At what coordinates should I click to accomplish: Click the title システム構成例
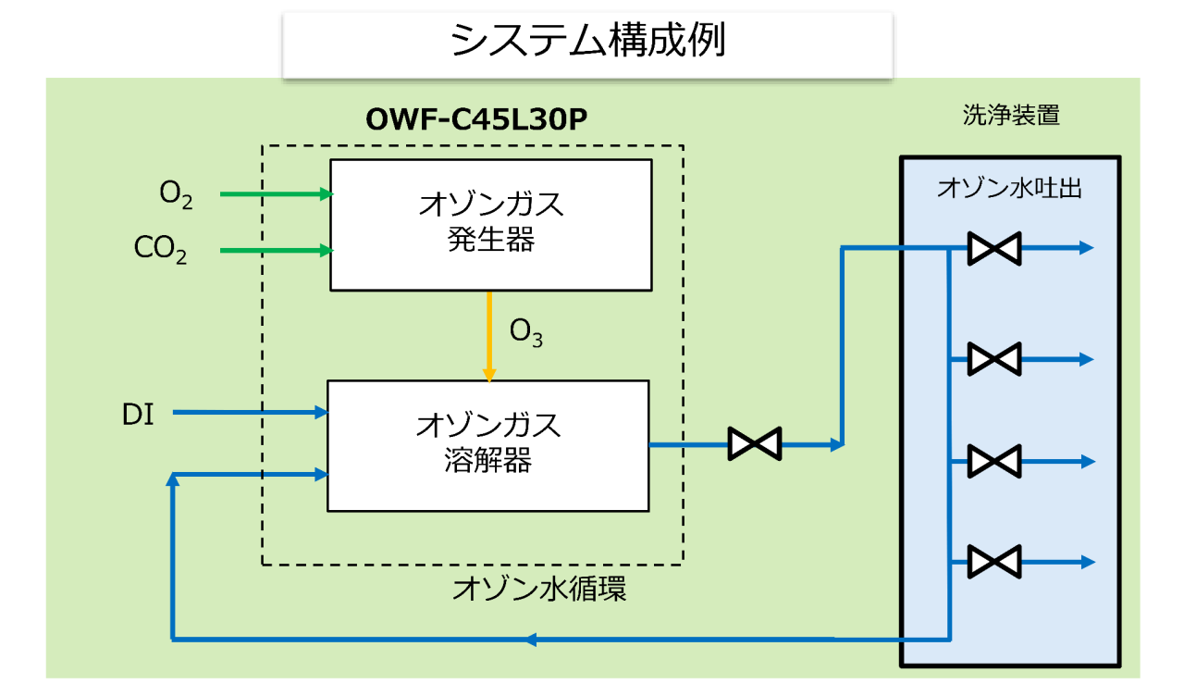tap(587, 40)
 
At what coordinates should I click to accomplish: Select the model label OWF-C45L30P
tap(476, 119)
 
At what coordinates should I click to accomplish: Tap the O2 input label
tap(176, 194)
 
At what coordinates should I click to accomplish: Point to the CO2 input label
tap(160, 249)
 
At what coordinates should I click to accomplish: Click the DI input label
tap(138, 414)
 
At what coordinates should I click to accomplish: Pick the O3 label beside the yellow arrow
tap(526, 333)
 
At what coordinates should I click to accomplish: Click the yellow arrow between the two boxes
tap(489, 336)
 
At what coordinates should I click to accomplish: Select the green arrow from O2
tap(277, 194)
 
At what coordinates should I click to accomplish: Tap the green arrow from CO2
tap(277, 250)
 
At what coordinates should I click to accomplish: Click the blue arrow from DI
tap(251, 412)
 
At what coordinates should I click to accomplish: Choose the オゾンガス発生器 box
tap(491, 225)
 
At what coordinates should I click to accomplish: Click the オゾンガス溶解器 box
tap(488, 446)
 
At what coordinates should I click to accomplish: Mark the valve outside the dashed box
tap(755, 443)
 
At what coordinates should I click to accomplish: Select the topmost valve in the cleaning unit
tap(994, 248)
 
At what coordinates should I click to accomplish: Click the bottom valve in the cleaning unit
tap(994, 562)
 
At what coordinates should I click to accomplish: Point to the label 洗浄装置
tap(1011, 115)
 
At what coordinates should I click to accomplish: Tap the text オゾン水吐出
tap(1009, 188)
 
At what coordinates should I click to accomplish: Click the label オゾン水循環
tap(539, 589)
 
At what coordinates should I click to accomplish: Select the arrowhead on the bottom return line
tap(531, 640)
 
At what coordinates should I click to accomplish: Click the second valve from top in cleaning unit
tap(994, 359)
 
